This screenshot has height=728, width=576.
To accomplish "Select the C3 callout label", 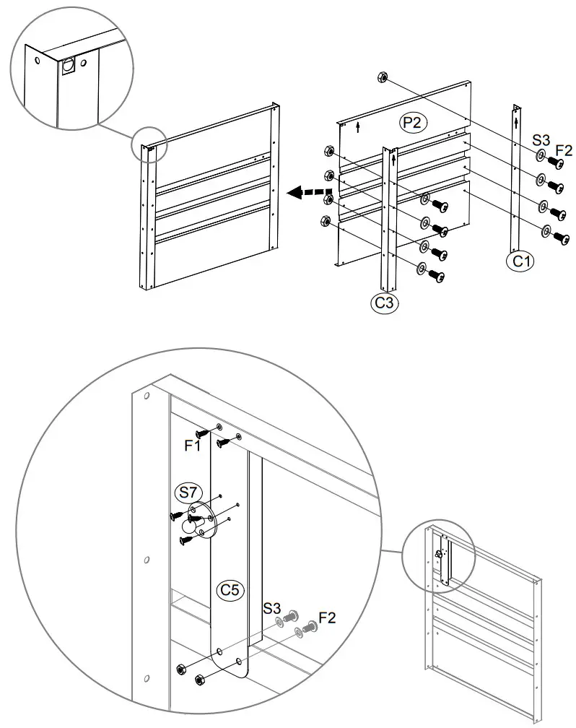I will [x=385, y=303].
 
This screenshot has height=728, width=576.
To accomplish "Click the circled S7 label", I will [x=188, y=493].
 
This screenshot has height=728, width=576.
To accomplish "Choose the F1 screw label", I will [x=191, y=446].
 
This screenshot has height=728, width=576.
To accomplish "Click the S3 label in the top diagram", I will [x=541, y=139].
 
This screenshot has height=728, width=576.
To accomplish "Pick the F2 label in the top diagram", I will [x=564, y=150].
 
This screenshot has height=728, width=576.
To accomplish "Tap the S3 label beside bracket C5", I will [x=272, y=607].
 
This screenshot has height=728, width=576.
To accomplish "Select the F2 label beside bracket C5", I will [x=326, y=617].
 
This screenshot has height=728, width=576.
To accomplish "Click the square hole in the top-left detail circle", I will [x=69, y=66].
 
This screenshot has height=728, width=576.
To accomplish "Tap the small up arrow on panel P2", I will [x=359, y=128].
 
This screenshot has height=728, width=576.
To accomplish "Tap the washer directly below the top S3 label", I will [x=540, y=156].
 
